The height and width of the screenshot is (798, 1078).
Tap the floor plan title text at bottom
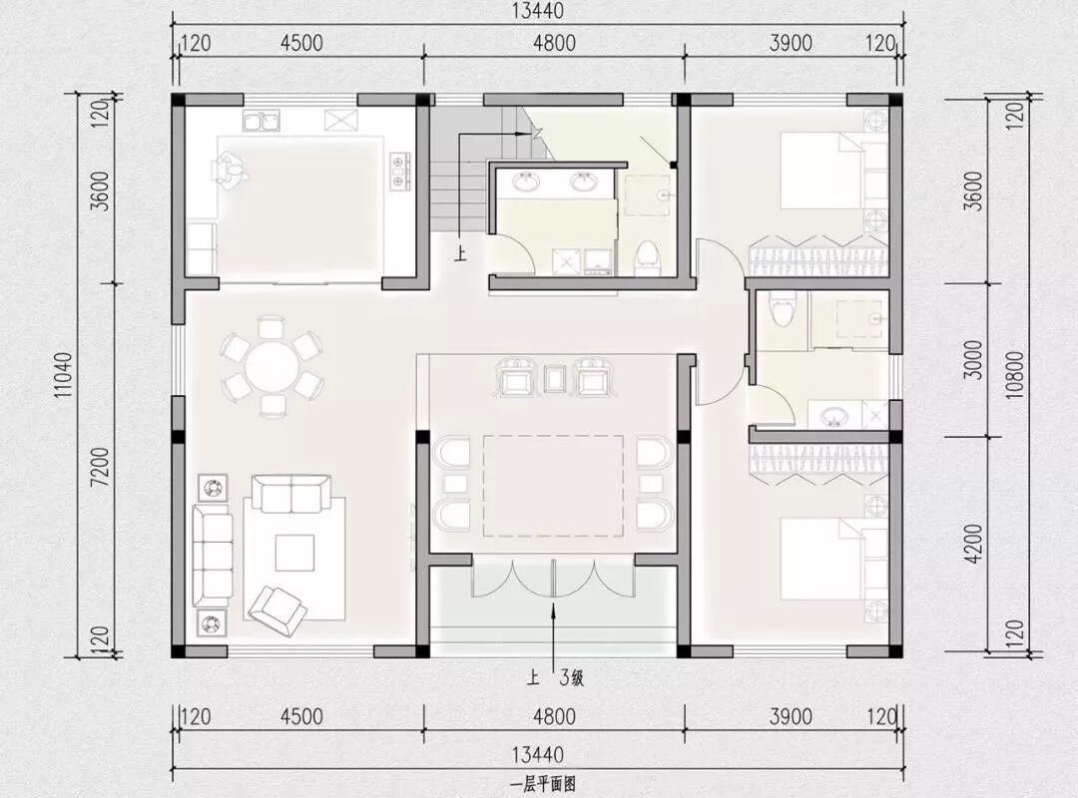click(542, 784)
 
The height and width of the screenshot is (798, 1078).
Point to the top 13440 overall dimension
click(538, 10)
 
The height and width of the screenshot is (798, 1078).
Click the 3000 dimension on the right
click(973, 359)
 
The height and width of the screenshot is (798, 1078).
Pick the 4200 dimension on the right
click(973, 544)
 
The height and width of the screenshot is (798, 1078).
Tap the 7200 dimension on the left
click(100, 467)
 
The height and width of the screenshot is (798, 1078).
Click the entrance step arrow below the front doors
click(554, 635)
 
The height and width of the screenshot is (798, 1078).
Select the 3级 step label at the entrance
click(571, 679)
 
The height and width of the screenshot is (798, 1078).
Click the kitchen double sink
click(262, 121)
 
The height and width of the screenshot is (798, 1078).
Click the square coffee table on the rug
click(294, 553)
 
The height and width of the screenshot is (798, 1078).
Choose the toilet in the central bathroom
click(646, 258)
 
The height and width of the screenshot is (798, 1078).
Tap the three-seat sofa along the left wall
click(212, 554)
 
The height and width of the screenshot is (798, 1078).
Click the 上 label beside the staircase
click(460, 255)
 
